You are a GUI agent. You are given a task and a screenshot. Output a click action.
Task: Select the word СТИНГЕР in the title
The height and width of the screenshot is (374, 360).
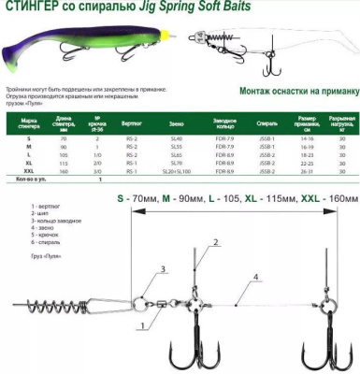coord(27,9)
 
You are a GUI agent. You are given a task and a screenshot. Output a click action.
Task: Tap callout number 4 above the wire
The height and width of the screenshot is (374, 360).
coord(254,277)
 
